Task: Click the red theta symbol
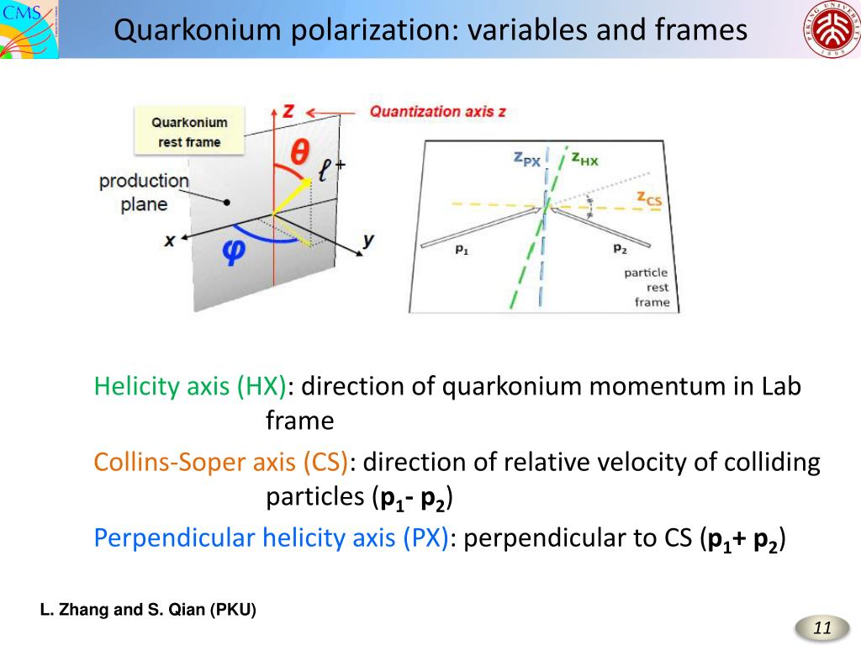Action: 299,154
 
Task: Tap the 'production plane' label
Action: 144,192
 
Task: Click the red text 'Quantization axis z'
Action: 438,111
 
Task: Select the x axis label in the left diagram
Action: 170,240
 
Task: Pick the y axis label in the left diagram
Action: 367,240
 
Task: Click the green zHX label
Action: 584,159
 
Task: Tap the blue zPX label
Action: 527,159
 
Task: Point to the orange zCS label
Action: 649,199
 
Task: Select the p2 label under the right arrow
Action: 620,248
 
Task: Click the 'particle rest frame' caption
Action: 647,287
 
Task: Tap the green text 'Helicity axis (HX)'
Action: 191,387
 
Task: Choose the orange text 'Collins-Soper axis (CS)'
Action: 221,463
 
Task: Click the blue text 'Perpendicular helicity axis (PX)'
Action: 272,538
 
